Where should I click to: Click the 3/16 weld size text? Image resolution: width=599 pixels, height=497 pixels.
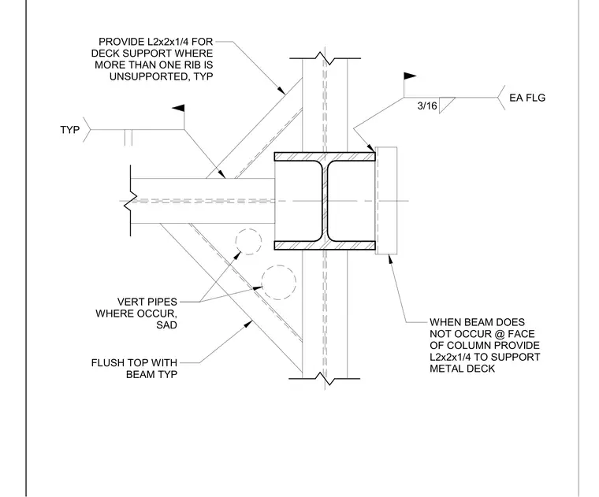[x=427, y=106]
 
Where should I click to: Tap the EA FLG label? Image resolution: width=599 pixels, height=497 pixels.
[x=527, y=98]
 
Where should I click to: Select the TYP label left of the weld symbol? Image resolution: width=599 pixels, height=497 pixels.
[x=70, y=130]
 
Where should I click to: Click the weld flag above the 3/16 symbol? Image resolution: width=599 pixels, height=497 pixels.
[x=410, y=76]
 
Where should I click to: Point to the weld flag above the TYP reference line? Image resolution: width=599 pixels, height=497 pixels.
[x=179, y=109]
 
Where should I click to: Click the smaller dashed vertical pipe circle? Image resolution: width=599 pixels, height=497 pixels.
[x=249, y=242]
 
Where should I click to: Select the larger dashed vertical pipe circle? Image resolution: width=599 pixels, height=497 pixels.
[x=278, y=283]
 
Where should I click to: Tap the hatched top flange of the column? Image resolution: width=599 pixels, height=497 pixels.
[x=325, y=157]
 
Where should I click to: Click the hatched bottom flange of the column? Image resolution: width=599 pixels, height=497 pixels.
[x=325, y=246]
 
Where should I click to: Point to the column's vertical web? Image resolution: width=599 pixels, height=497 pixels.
[x=325, y=201]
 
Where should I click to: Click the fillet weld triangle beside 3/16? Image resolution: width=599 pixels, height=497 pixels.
[x=445, y=105]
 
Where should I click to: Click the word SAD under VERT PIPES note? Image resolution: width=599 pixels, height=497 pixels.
[x=166, y=325]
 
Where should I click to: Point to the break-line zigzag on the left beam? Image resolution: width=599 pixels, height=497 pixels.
[x=131, y=201]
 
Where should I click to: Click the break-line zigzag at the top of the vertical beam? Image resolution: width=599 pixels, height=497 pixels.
[x=325, y=58]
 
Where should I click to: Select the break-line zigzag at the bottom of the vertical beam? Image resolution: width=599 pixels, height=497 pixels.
[x=325, y=379]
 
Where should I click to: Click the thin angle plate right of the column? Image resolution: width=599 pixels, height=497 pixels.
[x=386, y=200]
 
